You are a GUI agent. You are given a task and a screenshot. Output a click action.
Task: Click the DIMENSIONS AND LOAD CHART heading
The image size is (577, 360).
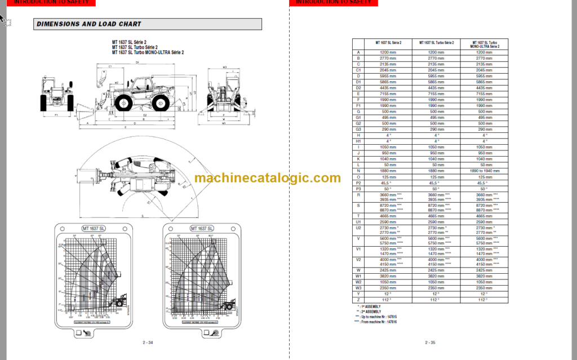coord(88,24)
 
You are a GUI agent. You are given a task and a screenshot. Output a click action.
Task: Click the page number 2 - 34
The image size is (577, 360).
coord(148,342)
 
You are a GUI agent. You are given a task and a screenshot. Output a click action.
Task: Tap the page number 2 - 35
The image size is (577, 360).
coord(430,342)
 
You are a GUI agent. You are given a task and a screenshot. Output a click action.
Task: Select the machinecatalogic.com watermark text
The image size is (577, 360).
coord(268,178)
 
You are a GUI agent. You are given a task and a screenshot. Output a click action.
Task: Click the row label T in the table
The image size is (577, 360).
coord(358,216)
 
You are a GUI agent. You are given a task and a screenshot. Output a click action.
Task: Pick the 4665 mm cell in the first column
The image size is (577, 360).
coord(388,216)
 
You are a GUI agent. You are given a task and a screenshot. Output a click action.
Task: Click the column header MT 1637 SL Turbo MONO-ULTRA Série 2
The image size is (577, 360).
coord(485,44)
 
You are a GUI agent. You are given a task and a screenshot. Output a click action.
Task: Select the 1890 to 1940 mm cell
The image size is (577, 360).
coord(485,171)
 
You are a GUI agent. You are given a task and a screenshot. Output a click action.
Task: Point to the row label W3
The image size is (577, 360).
coord(358,288)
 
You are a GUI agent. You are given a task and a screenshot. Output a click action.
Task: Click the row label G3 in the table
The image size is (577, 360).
coord(358,130)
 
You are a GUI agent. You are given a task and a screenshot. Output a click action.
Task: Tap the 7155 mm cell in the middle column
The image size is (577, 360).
coord(436,94)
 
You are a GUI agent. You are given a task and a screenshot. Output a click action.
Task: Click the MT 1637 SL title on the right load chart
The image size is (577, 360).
coord(201,229)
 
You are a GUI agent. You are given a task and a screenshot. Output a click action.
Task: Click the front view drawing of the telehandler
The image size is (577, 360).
coord(57,95)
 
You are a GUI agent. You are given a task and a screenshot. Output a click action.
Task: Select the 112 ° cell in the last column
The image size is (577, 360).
coord(485,300)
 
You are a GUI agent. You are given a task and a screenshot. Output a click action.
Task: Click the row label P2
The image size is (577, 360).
coord(358,183)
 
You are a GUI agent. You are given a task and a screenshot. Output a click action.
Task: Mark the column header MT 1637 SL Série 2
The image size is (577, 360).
coord(388,42)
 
